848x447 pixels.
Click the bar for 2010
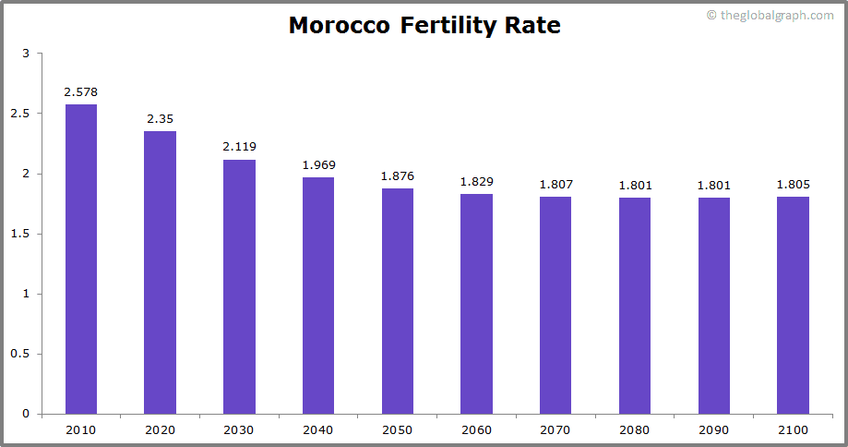80,259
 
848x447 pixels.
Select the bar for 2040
318,296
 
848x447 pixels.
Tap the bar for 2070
555,305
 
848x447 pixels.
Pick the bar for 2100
793,305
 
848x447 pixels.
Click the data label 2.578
80,91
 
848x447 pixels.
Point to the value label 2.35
160,119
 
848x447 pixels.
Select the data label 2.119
239,146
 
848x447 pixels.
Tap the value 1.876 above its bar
398,175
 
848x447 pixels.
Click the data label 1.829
476,181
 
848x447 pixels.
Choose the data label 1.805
793,184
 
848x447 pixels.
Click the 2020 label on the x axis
160,429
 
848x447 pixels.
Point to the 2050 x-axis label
398,429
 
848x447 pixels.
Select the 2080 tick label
635,429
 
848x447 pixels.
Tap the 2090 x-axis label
714,429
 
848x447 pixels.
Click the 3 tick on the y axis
26,54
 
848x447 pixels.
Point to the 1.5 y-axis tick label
20,234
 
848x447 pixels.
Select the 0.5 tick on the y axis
20,354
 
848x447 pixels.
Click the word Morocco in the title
339,25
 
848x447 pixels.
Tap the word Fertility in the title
448,25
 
